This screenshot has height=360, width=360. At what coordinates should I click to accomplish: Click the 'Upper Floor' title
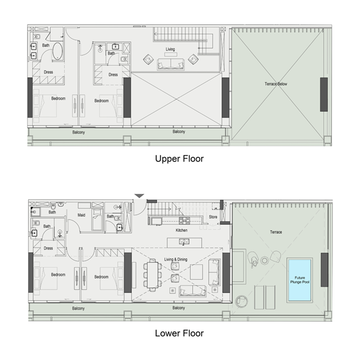[x=179, y=159]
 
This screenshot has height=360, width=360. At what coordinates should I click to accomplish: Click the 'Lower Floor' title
[x=179, y=333]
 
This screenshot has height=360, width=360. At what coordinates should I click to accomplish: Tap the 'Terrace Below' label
[x=276, y=84]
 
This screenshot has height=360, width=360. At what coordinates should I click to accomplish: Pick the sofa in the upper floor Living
[x=171, y=65]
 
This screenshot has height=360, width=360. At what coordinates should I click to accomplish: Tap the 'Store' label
[x=213, y=217]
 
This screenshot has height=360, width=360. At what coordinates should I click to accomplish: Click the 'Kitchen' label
[x=181, y=230]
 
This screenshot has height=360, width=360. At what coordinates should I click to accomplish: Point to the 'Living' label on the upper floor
[x=170, y=49]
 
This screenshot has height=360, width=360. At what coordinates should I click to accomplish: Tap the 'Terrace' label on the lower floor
[x=276, y=232]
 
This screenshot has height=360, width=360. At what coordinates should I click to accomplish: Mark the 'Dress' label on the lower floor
[x=48, y=248]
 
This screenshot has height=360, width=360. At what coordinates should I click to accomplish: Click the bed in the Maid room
[x=97, y=220]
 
